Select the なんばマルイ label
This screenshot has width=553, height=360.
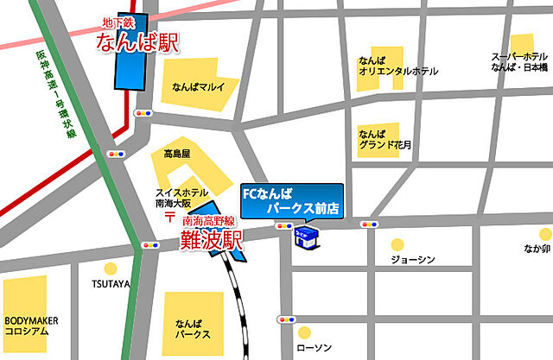(x=198, y=87)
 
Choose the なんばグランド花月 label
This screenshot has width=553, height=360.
(x=386, y=139)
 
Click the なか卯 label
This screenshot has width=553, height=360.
(x=536, y=250)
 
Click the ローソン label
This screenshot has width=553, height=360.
(x=314, y=348)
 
